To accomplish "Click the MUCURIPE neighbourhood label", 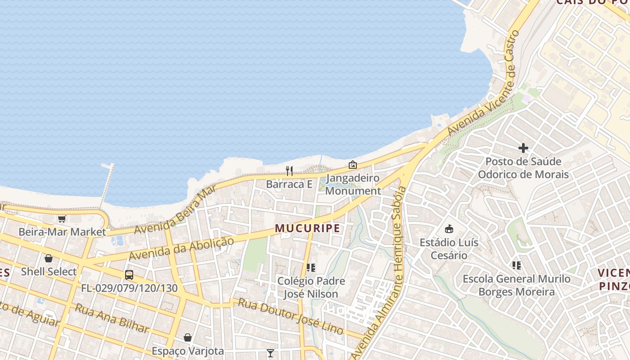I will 307,229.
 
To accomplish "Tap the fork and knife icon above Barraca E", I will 289,171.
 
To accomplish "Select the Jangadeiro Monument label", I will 353,184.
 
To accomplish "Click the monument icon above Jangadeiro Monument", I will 353,165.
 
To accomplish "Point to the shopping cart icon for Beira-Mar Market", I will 62,219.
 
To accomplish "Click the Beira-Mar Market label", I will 62,232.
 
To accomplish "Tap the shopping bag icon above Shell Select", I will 49,258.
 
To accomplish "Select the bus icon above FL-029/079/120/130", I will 129,274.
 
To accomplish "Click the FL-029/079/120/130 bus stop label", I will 129,288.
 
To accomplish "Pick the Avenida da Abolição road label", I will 181,248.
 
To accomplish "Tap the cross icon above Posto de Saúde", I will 523,148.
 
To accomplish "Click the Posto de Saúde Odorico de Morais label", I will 523,168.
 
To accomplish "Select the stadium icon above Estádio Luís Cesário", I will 449,229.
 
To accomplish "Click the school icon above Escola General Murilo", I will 517,265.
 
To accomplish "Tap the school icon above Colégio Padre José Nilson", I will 310,268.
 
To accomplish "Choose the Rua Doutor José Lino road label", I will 290,316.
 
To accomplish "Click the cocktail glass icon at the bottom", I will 270,353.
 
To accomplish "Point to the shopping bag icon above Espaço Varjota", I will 188,337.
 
